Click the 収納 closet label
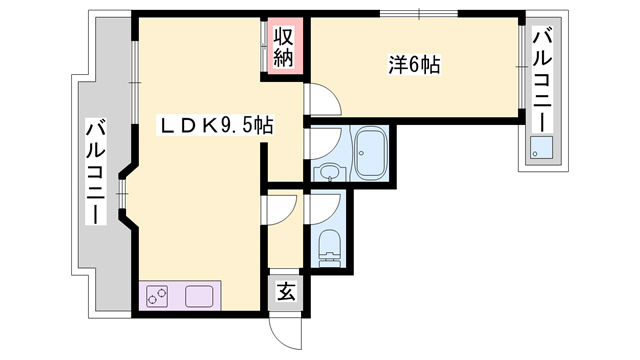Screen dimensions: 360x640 click(284, 45)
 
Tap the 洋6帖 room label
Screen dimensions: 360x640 click(415, 66)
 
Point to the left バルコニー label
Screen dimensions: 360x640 click(96, 172)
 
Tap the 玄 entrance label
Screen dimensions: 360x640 click(286, 293)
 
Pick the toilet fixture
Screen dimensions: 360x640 click(327, 246)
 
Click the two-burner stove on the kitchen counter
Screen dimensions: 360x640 click(158, 296)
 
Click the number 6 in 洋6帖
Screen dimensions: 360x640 click(415, 66)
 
